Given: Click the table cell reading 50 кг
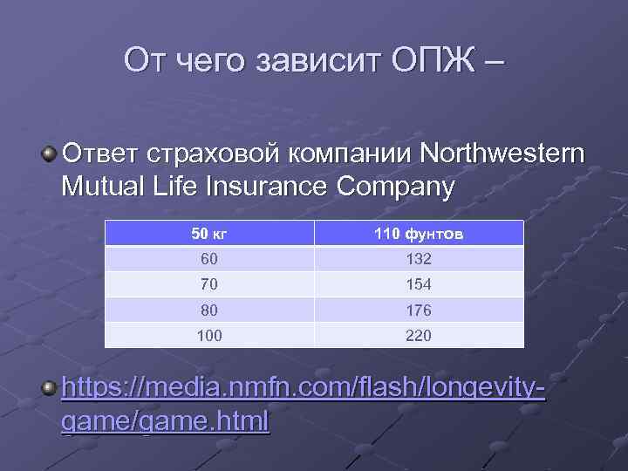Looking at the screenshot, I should [209, 234].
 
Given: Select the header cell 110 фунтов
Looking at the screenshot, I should [419, 234].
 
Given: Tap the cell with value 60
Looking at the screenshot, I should [209, 259].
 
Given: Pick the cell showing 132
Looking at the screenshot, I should [419, 259].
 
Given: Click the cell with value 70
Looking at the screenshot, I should [209, 284].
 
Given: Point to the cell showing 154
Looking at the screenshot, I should [419, 284].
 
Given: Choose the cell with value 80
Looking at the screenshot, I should [209, 310].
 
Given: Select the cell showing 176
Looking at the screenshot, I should [419, 310].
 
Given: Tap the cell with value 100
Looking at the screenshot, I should [209, 335].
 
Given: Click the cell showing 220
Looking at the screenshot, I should [419, 335].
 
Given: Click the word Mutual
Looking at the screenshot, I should [106, 187].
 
